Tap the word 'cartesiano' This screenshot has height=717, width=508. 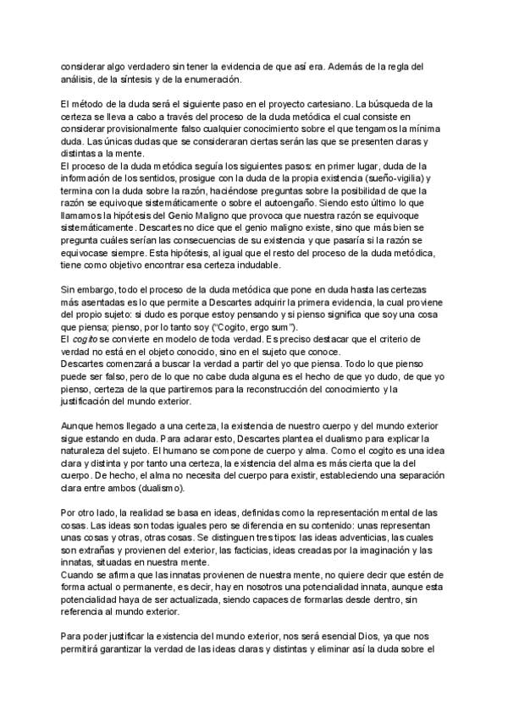point(320,104)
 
